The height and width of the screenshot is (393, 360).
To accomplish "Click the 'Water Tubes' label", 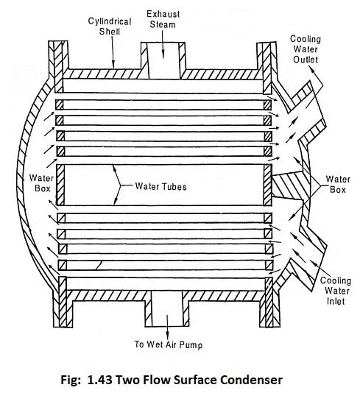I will pyautogui.click(x=160, y=186).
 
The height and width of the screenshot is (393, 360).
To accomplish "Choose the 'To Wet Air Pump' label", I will pyautogui.click(x=169, y=343).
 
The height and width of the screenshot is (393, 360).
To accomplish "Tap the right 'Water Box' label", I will pyautogui.click(x=337, y=184).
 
